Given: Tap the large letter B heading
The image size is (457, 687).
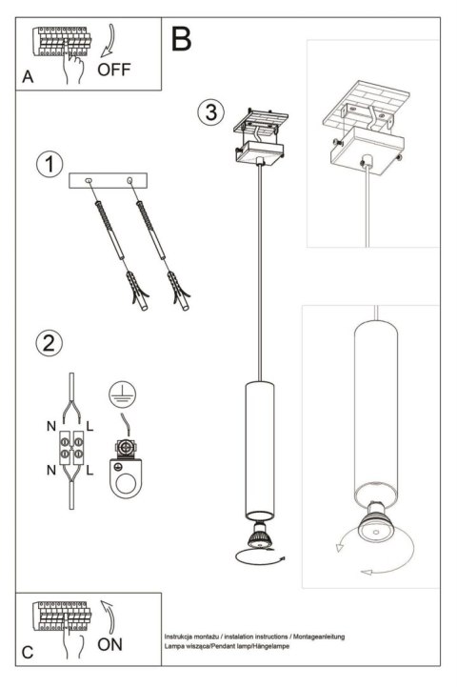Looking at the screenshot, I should [x=181, y=38].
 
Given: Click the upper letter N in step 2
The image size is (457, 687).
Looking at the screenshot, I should [x=50, y=428].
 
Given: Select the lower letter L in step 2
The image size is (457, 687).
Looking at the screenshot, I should [x=89, y=471].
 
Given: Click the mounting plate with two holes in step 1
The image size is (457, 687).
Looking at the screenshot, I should [x=110, y=182].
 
